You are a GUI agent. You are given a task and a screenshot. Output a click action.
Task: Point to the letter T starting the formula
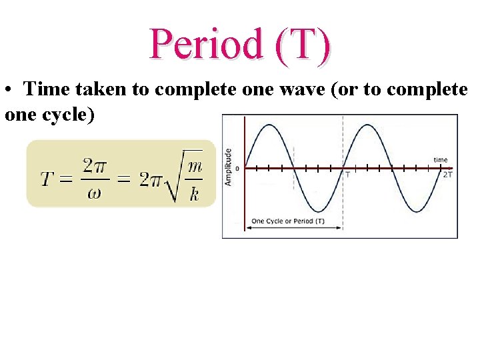[x=47, y=179]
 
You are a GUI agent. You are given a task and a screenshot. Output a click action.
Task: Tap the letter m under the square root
[x=193, y=165]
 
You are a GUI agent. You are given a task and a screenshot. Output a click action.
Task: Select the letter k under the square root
[x=193, y=195]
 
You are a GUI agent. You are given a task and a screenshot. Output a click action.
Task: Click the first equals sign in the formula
[x=66, y=179]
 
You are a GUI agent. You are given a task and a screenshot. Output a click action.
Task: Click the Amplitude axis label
[x=229, y=167]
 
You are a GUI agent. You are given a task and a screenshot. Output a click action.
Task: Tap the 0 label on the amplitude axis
[x=237, y=168]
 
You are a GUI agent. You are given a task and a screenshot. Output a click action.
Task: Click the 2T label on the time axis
[x=449, y=175]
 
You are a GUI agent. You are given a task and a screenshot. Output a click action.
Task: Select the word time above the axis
[x=440, y=160]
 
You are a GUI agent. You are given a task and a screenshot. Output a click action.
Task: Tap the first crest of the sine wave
[x=269, y=125]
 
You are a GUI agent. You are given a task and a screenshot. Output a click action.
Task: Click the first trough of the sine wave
[x=318, y=211]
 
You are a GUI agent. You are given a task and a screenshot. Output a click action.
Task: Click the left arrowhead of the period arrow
[x=249, y=228]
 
